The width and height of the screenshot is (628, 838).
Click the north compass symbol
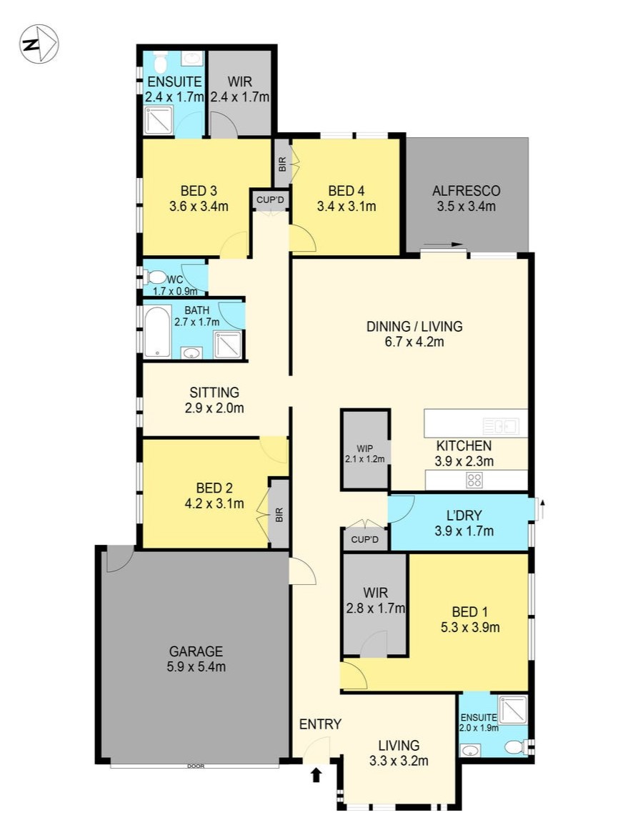coord(39,44)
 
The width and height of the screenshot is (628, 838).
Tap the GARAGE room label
coord(196,651)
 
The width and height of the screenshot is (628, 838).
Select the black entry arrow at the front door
coord(317,774)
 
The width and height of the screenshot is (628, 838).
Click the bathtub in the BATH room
coord(158,332)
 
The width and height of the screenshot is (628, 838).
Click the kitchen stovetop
coord(474,480)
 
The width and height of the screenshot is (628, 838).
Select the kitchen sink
coord(499,426)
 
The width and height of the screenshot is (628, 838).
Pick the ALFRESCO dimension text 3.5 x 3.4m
coord(467,207)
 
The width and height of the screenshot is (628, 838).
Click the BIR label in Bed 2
coord(279,514)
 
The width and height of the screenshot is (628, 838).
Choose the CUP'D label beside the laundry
coord(365,540)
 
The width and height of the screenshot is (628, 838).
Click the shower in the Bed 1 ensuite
coord(512,709)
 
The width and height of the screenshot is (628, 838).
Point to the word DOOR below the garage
coord(196,766)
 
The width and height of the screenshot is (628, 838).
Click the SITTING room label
coord(214,392)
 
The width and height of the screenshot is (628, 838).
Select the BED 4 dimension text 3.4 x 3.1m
coord(347,207)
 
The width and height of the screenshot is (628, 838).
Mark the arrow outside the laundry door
coord(542,510)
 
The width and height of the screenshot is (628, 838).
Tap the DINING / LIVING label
coord(414,326)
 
